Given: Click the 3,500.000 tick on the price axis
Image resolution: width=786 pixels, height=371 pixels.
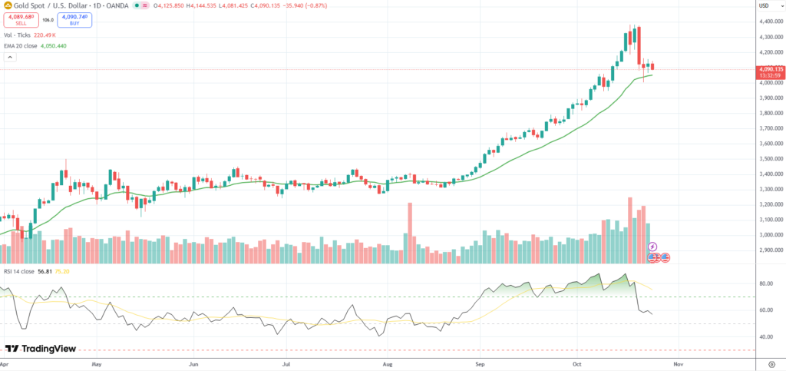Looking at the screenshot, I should pos(769,158).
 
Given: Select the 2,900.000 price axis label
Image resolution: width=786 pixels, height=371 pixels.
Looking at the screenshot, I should pos(769,250).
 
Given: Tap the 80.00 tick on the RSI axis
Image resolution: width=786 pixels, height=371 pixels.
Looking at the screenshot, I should pos(765,283).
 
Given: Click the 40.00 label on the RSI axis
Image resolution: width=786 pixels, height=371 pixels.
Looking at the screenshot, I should pos(765,336).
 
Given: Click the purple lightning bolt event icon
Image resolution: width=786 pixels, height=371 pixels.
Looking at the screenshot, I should pos(652,247).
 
